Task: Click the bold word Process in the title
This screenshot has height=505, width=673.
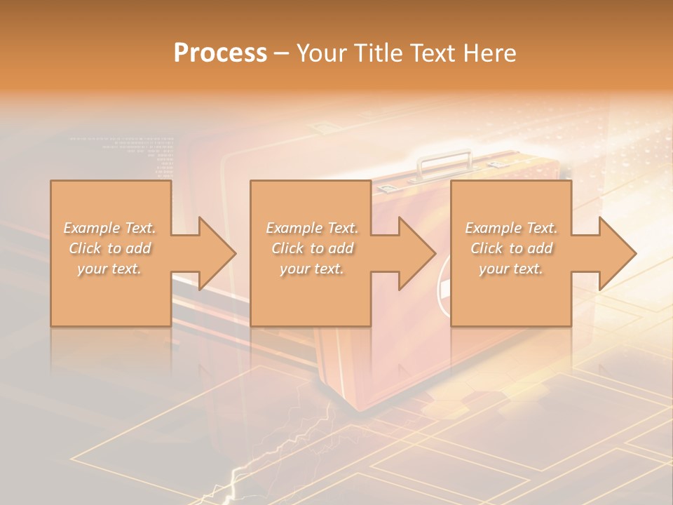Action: tap(220, 53)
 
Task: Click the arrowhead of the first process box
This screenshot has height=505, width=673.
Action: tap(214, 253)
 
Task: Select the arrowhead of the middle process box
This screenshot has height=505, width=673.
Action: tap(414, 253)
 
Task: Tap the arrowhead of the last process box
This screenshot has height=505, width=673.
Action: tap(615, 253)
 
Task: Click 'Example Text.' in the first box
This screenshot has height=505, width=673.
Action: tap(110, 228)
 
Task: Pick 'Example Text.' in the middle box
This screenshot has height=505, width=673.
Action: tap(312, 228)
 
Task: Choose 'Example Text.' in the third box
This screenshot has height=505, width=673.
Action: tap(511, 228)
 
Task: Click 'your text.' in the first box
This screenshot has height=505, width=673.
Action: tap(109, 269)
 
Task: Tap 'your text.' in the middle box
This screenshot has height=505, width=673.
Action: tap(311, 269)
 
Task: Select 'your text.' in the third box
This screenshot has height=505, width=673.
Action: tap(510, 269)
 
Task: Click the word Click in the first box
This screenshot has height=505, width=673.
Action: tap(85, 248)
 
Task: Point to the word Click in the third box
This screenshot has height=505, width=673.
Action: tap(487, 248)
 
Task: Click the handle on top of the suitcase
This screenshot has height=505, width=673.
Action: tap(445, 162)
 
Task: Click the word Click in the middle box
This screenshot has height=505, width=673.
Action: tap(287, 248)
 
